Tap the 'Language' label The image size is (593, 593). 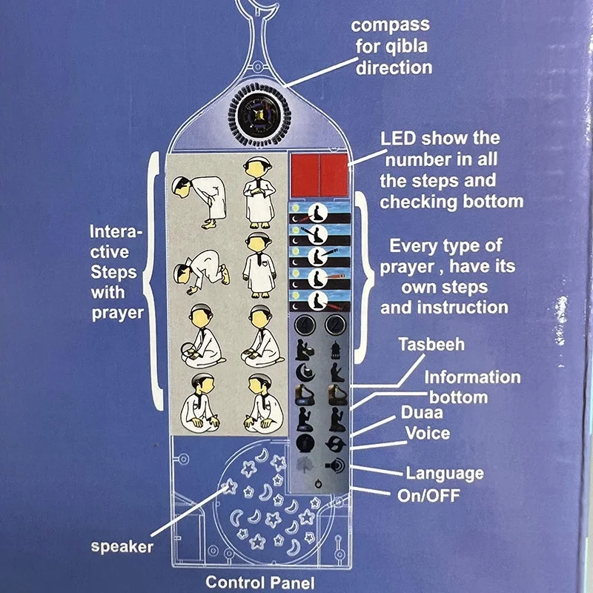(444, 472)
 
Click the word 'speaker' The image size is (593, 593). (122, 548)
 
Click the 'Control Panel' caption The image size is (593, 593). (259, 582)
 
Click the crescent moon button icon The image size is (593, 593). (303, 371)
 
